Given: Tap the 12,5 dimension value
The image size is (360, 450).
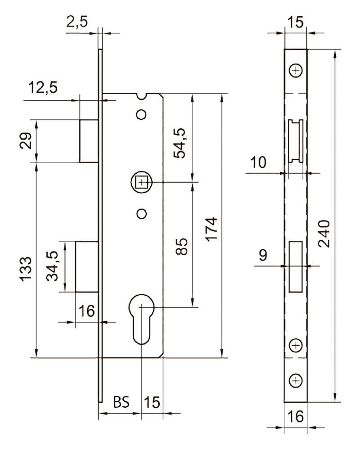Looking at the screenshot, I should point(43,87).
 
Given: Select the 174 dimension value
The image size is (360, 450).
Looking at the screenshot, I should point(211,229).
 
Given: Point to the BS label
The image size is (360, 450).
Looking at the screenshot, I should point(121,401).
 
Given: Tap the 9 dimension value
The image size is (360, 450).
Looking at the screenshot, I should point(264,255).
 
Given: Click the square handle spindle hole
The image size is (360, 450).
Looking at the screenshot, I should point(142,182).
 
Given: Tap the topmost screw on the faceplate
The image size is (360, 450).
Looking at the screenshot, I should point(296,71).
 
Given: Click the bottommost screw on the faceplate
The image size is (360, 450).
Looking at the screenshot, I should point(296,381).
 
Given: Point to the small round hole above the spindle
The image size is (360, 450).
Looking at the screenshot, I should point(142,114).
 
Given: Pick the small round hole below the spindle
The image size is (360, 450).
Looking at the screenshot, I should point(142,213).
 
